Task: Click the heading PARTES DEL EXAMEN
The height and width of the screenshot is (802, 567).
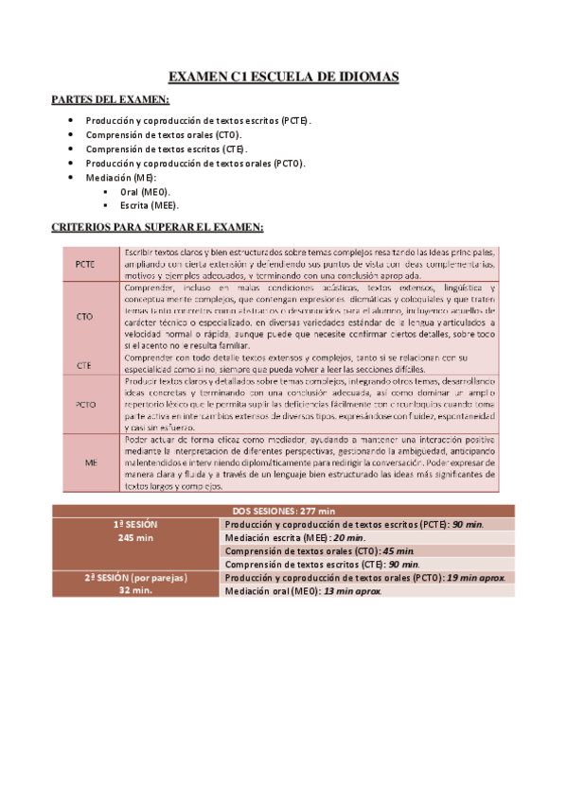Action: pyautogui.click(x=111, y=100)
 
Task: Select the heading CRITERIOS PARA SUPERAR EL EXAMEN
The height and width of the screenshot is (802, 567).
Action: pyautogui.click(x=156, y=227)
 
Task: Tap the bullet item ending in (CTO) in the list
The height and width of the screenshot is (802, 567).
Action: pyautogui.click(x=164, y=135)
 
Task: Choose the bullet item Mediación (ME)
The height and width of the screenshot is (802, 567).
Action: pyautogui.click(x=121, y=177)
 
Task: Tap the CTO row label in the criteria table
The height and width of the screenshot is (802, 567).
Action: pyautogui.click(x=84, y=317)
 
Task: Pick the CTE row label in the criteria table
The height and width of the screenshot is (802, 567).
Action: pyautogui.click(x=84, y=363)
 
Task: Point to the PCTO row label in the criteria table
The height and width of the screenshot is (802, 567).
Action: pyautogui.click(x=87, y=404)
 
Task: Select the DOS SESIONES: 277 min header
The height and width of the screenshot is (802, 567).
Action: pyautogui.click(x=283, y=511)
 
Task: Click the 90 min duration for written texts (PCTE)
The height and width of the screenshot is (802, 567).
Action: pyautogui.click(x=467, y=524)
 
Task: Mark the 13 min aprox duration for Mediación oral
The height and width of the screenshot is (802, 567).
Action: pyautogui.click(x=352, y=591)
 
